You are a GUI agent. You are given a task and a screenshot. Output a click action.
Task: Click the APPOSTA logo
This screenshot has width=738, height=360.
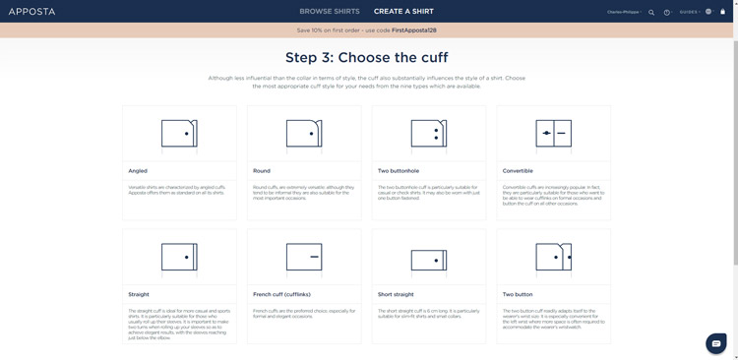coord(31,12)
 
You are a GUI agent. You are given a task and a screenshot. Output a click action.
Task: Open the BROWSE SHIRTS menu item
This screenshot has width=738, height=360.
coord(330,12)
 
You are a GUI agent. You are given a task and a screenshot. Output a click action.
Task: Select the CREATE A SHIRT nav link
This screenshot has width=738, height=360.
coord(403,12)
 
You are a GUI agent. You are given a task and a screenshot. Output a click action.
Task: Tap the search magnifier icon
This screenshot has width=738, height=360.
coord(651,13)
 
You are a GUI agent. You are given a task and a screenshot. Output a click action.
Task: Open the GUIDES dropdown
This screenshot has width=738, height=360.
coord(689,12)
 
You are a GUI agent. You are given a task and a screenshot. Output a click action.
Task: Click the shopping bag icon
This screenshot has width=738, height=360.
coord(723,12)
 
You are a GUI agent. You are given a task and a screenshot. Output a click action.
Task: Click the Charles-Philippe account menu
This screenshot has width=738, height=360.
coord(624,12)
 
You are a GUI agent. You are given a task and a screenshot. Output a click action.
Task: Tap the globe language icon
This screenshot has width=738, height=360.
coord(708,12)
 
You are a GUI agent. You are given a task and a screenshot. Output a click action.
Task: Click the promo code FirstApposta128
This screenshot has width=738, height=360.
coord(413,30)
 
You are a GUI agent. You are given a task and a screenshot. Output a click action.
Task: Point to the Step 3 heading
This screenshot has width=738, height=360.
coord(367,58)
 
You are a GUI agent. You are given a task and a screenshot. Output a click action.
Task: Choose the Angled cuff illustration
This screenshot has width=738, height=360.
coord(179,134)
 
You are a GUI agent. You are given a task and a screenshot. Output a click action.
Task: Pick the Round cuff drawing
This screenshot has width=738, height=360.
coord(304,134)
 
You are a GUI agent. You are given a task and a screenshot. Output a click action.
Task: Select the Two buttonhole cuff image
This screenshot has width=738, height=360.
coord(429,134)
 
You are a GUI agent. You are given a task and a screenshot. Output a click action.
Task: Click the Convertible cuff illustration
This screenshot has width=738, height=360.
coord(554,134)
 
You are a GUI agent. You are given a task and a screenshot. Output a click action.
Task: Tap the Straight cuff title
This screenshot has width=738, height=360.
coord(139,294)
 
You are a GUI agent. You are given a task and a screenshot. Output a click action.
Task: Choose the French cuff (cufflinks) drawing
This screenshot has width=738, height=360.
coord(304,258)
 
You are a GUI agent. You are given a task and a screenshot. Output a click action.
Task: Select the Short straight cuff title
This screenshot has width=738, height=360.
coord(396,294)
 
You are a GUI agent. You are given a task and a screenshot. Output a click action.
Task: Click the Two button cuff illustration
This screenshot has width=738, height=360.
coord(554,258)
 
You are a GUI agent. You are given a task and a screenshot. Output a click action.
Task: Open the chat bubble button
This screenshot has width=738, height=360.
coord(716,343)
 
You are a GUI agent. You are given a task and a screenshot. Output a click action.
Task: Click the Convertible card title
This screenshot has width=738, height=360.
coord(518,171)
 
